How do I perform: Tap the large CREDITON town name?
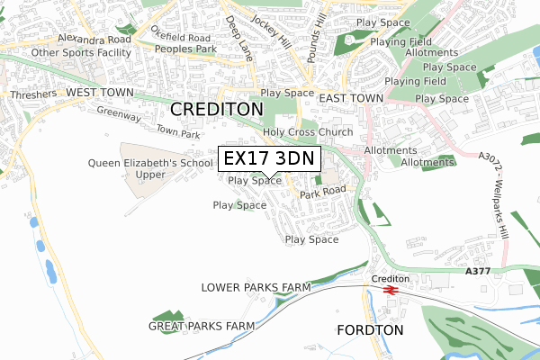[217, 109]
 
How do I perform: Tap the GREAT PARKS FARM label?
[202, 325]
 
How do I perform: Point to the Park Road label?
[323, 193]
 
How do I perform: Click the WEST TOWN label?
[99, 94]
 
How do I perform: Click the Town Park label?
[178, 134]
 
